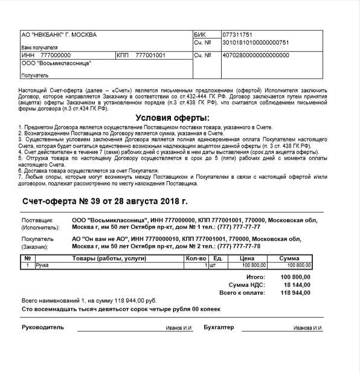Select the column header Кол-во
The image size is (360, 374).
coord(196,259)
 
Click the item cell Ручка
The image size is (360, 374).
coord(42,265)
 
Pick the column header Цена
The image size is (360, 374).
coord(246,259)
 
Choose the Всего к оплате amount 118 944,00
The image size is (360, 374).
coord(296,292)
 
